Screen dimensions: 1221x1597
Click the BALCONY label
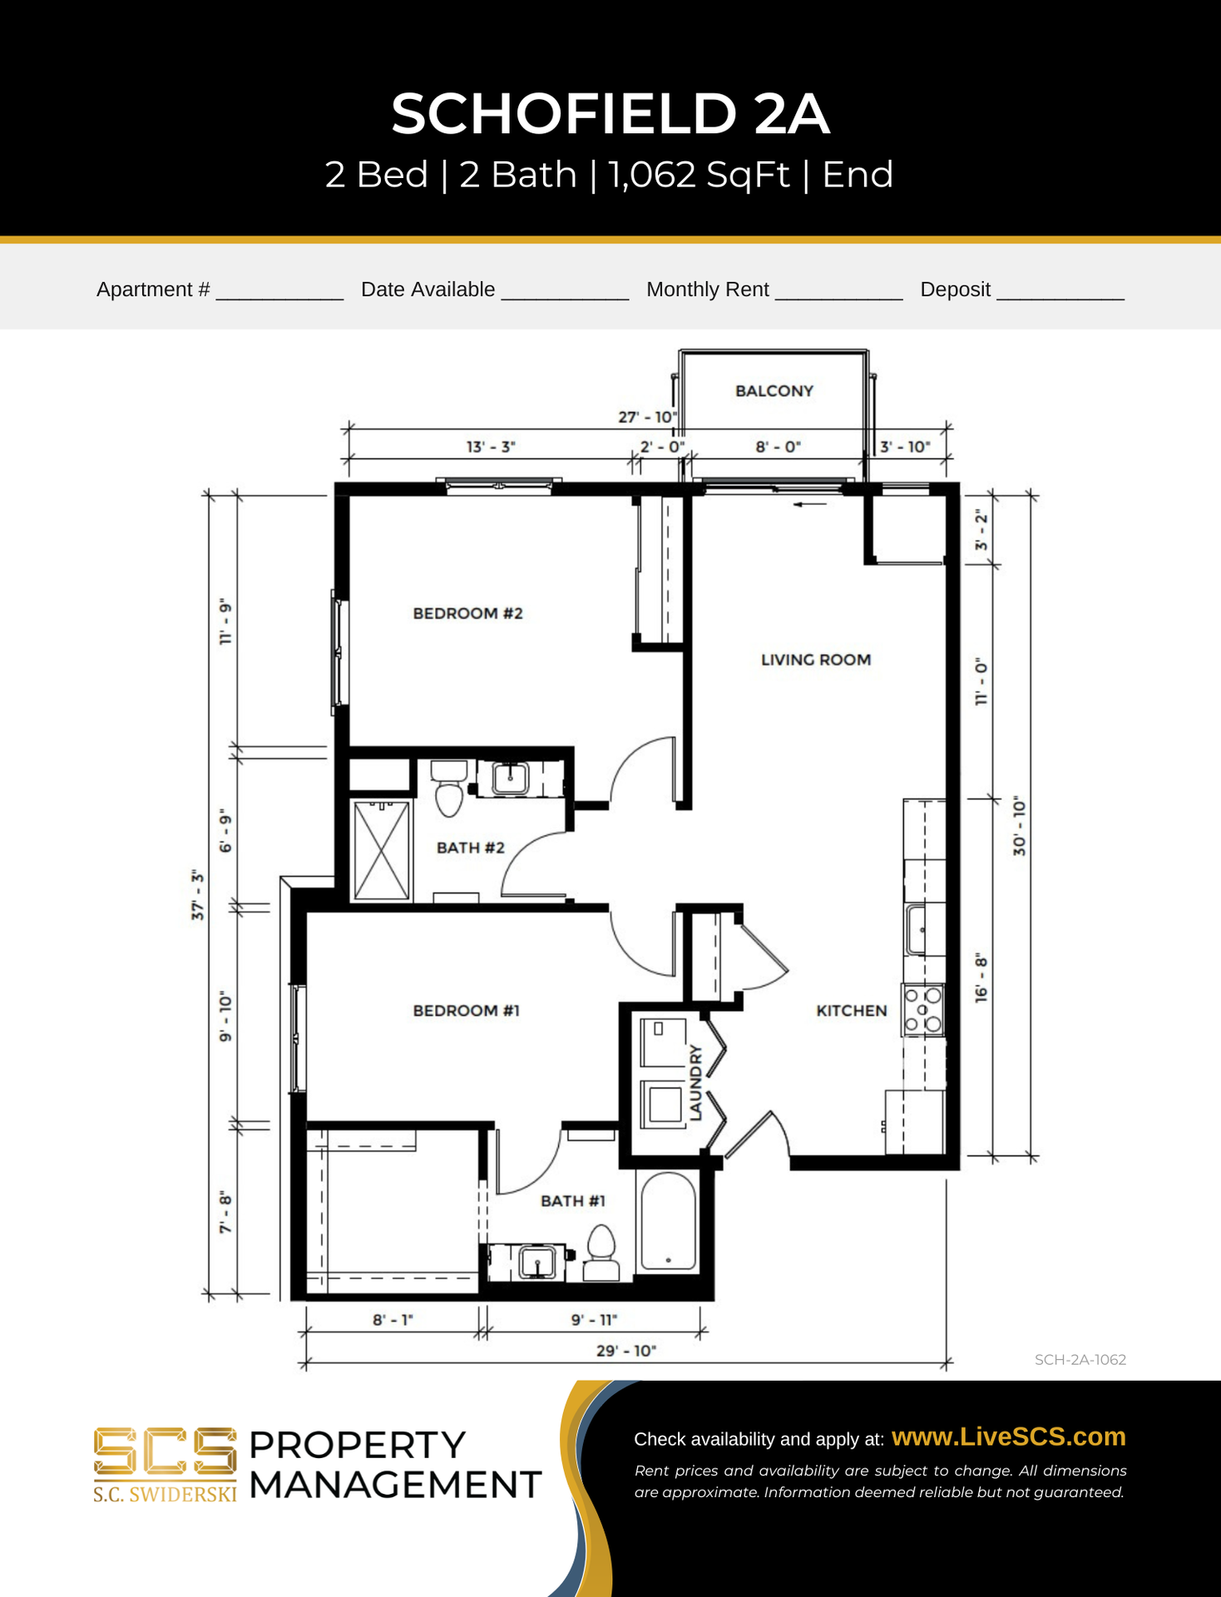pos(774,391)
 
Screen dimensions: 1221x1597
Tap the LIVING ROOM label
pos(816,660)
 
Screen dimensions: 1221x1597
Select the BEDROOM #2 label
pos(467,613)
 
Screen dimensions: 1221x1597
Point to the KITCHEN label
pos(852,1011)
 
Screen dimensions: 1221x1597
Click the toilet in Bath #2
pos(449,788)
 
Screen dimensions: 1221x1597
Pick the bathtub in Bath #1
pos(668,1221)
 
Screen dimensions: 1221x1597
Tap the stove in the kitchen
pos(923,1010)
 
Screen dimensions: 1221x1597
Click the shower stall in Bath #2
pos(382,850)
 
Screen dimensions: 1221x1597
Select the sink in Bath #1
pos(537,1262)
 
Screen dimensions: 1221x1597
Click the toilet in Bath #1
pos(601,1253)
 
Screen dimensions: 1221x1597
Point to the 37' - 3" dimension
pos(197,896)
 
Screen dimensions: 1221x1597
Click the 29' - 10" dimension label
pos(625,1350)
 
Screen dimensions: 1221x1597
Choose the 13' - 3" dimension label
pos(491,447)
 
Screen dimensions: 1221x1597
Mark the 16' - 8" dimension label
pos(981,978)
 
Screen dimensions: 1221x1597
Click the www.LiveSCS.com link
pos(1008,1436)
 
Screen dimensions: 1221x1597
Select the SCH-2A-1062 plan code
pos(1080,1360)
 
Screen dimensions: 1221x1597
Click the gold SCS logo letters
pos(165,1452)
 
